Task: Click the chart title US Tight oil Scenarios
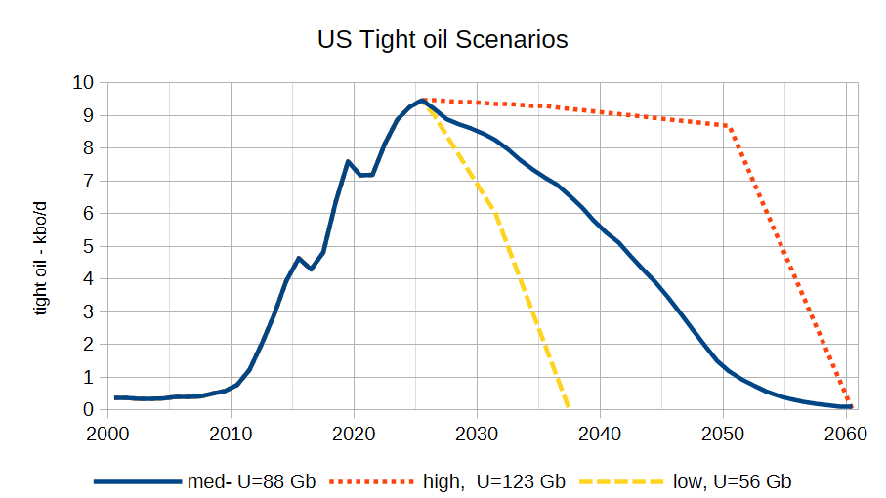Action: pyautogui.click(x=443, y=39)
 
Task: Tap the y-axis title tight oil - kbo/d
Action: pyautogui.click(x=39, y=258)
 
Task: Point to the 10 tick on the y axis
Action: pyautogui.click(x=82, y=82)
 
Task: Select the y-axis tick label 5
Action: pyautogui.click(x=88, y=246)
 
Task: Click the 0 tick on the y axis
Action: pyautogui.click(x=88, y=409)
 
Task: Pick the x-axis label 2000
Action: pyautogui.click(x=107, y=434)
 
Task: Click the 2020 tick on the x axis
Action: pyautogui.click(x=354, y=434)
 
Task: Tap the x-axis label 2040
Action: pyautogui.click(x=600, y=434)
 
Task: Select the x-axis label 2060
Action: pyautogui.click(x=846, y=434)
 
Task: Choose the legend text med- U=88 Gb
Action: pyautogui.click(x=251, y=481)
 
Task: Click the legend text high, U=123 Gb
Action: pyautogui.click(x=494, y=481)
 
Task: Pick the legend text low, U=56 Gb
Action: pyautogui.click(x=733, y=481)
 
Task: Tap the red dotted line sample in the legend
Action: pyautogui.click(x=371, y=481)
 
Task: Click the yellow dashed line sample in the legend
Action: pyautogui.click(x=621, y=481)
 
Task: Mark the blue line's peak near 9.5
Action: pyautogui.click(x=421, y=101)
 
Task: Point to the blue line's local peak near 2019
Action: pyautogui.click(x=348, y=161)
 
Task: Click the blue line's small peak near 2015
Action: pyautogui.click(x=299, y=258)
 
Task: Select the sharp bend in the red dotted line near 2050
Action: pyautogui.click(x=729, y=126)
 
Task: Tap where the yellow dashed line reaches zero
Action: pyautogui.click(x=568, y=406)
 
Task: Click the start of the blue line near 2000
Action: pyautogui.click(x=115, y=398)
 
